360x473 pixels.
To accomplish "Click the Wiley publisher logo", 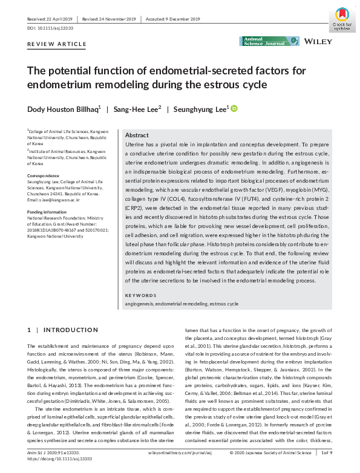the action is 319,41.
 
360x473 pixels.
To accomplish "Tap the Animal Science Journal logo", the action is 270,41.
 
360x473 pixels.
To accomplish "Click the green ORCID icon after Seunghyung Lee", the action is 234,109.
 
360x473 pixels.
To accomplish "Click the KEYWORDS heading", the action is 140,295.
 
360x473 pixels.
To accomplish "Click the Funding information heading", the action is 47,212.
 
